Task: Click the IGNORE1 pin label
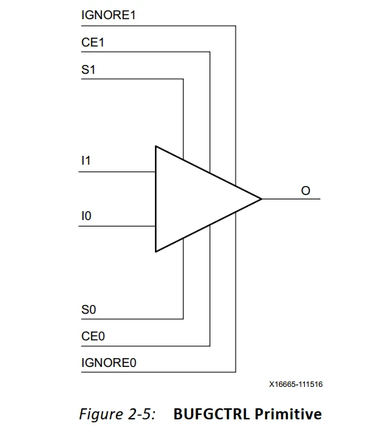pos(104,16)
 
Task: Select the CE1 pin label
pos(92,43)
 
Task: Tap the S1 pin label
pos(88,70)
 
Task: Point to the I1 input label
pos(86,159)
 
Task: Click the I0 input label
pos(86,216)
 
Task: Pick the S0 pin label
pos(89,309)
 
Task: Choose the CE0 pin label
pos(93,336)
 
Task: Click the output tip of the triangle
pos(261,199)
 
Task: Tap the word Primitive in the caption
pos(288,414)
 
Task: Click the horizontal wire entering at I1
pos(118,171)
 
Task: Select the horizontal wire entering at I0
pos(118,227)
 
